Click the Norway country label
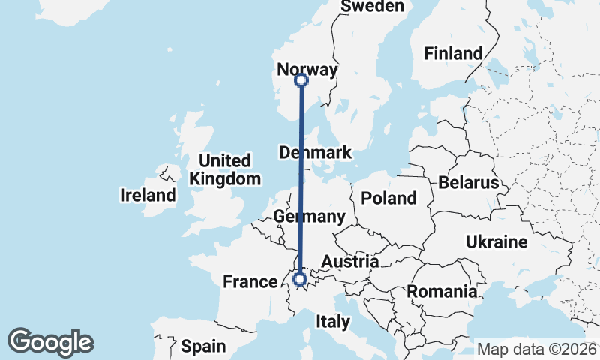(307, 70)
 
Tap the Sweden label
(372, 7)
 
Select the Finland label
(453, 53)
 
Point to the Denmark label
(315, 153)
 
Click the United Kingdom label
(225, 170)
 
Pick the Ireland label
(148, 196)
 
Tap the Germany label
(309, 217)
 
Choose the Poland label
(388, 199)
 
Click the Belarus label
(469, 183)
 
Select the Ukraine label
(496, 242)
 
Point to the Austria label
(349, 262)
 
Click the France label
(250, 282)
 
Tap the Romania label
(442, 291)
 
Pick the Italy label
(333, 322)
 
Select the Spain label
(203, 346)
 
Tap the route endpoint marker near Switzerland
(300, 280)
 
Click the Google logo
(50, 342)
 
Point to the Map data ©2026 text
(535, 349)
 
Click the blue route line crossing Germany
(301, 225)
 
